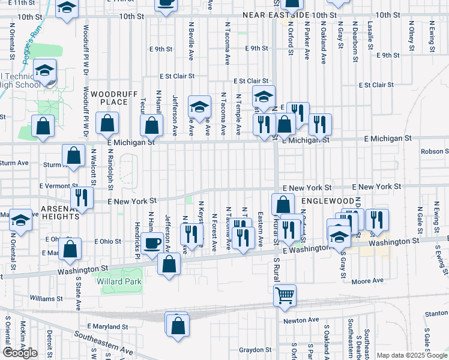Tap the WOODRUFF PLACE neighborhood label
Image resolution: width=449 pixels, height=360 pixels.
[x=109, y=98]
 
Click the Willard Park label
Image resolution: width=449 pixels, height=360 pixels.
[x=121, y=281]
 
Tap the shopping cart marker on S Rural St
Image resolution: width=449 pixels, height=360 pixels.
[x=285, y=295]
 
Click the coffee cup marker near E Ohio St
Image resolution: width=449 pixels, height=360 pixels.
[x=154, y=243]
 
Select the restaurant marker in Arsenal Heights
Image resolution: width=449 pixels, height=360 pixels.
[x=82, y=197]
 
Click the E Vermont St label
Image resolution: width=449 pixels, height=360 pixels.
[x=59, y=187]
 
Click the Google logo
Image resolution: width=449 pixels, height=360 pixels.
[x=20, y=353]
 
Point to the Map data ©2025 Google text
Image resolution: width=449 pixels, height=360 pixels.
[x=412, y=355]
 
